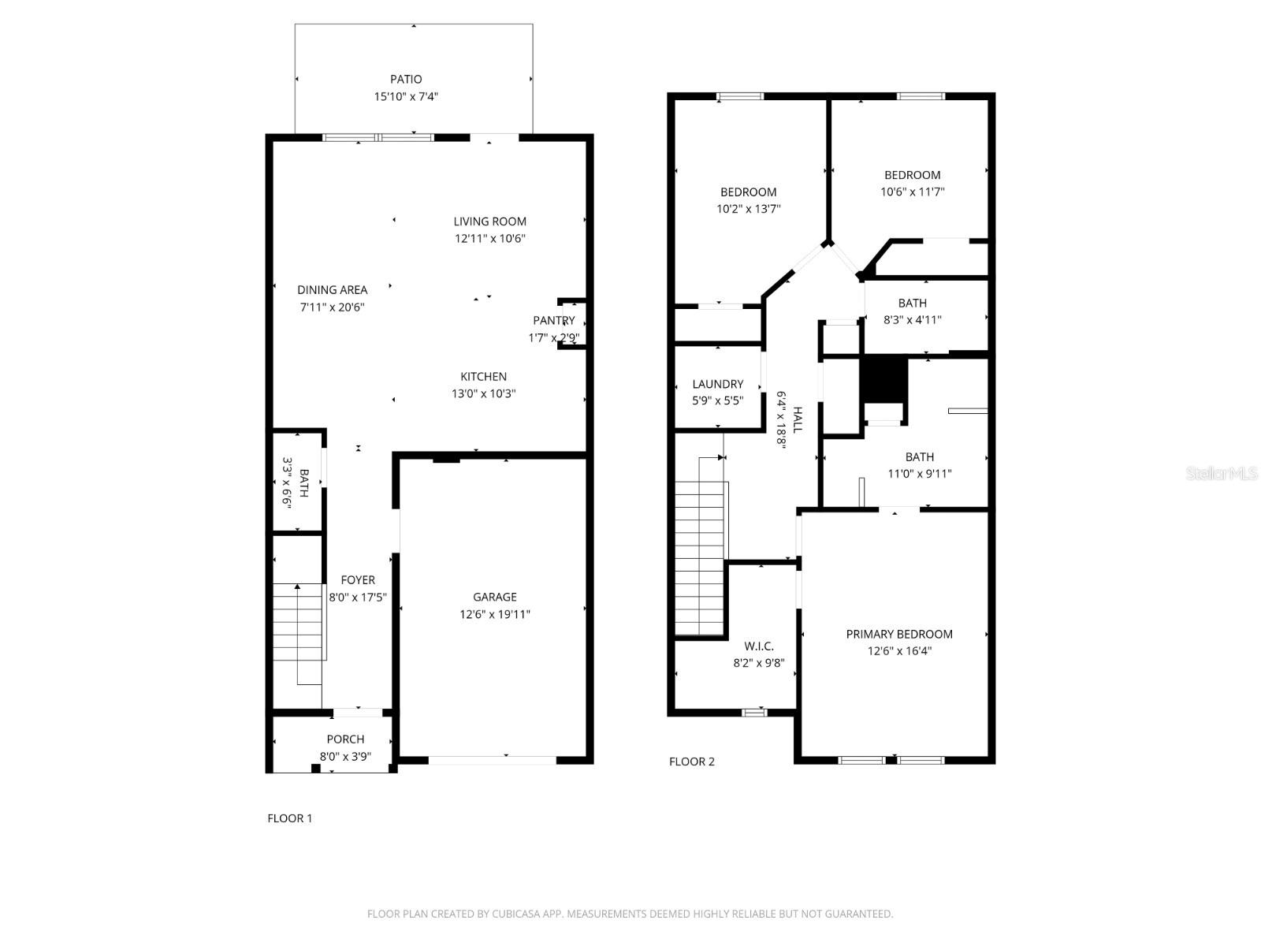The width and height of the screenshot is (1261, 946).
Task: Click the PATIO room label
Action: click(x=406, y=79)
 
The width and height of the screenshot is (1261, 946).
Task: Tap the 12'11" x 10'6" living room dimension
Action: click(x=489, y=238)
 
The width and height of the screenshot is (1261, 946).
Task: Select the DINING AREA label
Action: click(x=332, y=289)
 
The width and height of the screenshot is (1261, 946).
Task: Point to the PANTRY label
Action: click(x=553, y=320)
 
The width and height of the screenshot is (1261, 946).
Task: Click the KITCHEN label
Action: click(x=483, y=376)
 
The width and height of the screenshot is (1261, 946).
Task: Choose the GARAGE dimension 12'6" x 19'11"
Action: click(x=495, y=614)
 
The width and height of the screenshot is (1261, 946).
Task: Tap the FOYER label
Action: click(x=358, y=579)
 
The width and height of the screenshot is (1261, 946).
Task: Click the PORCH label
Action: click(x=345, y=739)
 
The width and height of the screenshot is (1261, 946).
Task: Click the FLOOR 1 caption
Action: click(x=289, y=818)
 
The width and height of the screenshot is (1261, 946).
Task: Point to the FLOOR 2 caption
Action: click(x=691, y=762)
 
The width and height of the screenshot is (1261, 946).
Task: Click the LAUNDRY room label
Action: click(x=717, y=384)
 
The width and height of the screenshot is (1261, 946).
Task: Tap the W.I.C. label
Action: click(x=758, y=646)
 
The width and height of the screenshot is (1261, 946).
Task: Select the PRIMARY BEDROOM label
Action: click(x=898, y=634)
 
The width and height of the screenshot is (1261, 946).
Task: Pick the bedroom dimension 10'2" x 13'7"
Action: click(x=748, y=209)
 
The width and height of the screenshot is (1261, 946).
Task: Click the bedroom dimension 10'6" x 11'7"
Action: click(x=912, y=192)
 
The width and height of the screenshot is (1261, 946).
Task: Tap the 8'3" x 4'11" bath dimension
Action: click(x=912, y=320)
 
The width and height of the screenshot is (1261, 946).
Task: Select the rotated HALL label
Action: click(x=798, y=419)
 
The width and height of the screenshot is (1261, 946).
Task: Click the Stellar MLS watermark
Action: click(x=1222, y=473)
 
